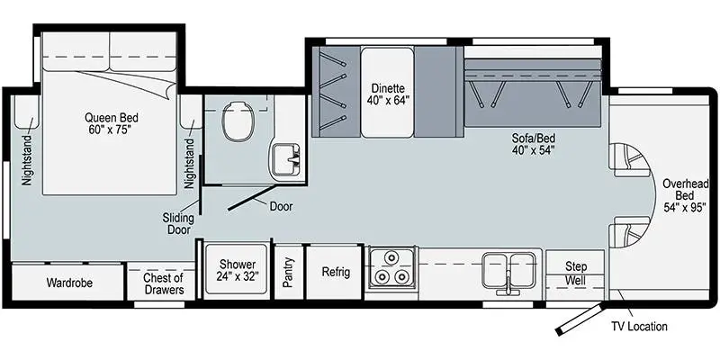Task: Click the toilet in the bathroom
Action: tap(238, 121)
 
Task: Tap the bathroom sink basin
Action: tap(285, 160)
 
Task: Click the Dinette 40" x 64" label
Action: tap(388, 94)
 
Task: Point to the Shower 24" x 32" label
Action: tap(237, 271)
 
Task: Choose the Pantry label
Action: tap(288, 273)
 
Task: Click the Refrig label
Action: tap(335, 272)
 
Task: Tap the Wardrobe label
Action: tap(69, 283)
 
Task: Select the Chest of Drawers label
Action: tap(164, 283)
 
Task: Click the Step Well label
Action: tap(575, 274)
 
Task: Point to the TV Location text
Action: tap(639, 327)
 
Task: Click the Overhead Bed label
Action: tap(684, 195)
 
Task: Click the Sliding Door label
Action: tap(178, 223)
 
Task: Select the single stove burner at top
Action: tap(391, 258)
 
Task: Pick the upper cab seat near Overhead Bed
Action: tap(629, 160)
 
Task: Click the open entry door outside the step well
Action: tap(578, 318)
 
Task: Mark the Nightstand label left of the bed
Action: tap(27, 160)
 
